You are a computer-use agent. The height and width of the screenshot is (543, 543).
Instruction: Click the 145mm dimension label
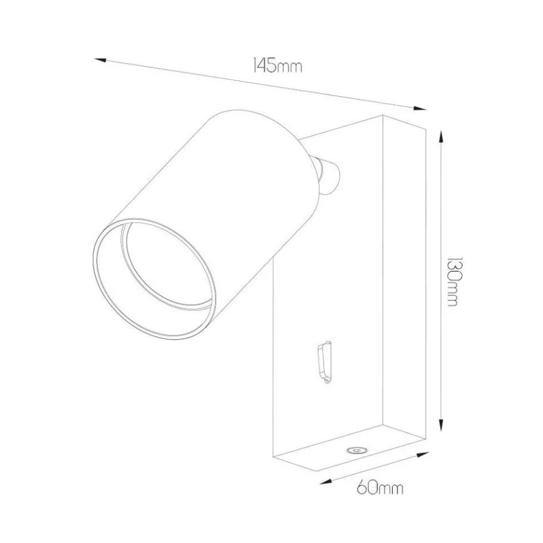pos(277,66)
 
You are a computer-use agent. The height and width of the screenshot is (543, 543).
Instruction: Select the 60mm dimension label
pos(380,488)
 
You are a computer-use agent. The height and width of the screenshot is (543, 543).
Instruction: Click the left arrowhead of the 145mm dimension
pos(100,60)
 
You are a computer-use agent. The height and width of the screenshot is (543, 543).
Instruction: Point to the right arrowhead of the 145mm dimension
pos(419,107)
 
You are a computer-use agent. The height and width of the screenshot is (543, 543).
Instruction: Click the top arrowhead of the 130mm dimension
pos(441,136)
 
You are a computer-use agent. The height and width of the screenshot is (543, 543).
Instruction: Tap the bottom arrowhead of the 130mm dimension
pos(441,425)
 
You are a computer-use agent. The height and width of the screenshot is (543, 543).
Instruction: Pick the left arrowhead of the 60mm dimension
pos(326,481)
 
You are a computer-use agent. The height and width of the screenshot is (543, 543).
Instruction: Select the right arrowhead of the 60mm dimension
pos(423,454)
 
